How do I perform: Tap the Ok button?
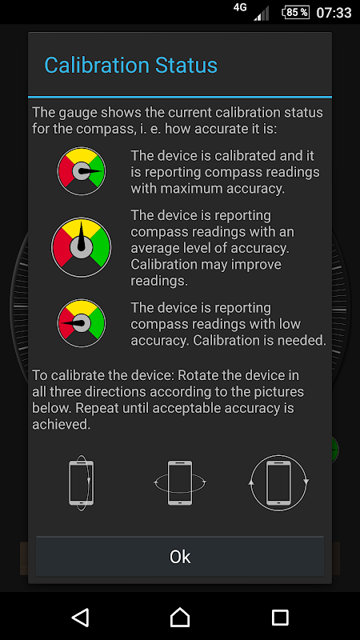pos(180,557)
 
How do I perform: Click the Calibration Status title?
pos(130,66)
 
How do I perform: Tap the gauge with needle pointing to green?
pos(82,171)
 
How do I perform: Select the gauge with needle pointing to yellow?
pos(82,247)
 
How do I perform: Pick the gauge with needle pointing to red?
pos(82,323)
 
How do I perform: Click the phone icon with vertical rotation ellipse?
pos(82,483)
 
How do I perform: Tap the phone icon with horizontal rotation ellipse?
pos(180,483)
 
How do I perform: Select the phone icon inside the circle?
pos(278,483)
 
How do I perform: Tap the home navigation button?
pos(180,617)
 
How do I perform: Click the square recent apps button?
pos(280,617)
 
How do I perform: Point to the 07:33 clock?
pos(334,13)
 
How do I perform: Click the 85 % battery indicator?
pos(295,12)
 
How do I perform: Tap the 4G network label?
pos(240,7)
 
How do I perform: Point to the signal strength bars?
pos(262,14)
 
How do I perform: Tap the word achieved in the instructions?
pos(62,424)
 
